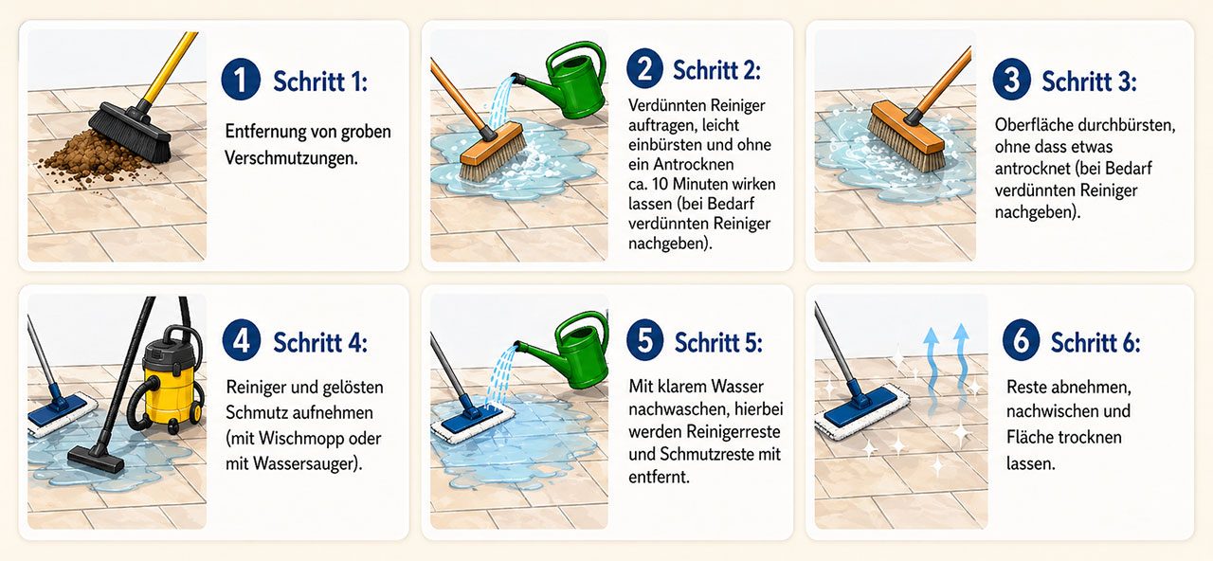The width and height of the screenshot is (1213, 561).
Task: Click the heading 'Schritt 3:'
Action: (x=1089, y=81)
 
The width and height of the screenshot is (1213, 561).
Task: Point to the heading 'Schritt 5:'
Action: (x=717, y=342)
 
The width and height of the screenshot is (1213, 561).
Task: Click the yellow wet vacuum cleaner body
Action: (x=170, y=379)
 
